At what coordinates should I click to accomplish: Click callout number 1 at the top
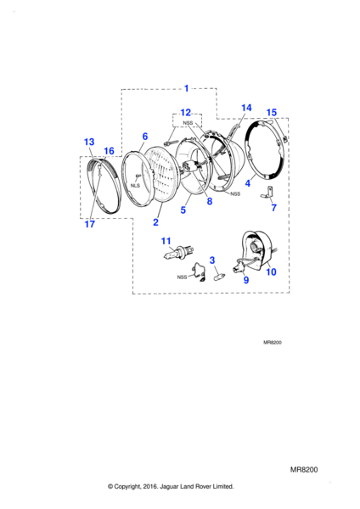pos(187,88)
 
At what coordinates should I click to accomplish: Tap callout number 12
pos(186,113)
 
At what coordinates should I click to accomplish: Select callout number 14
pos(246,108)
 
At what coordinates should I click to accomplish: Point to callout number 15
pos(272,113)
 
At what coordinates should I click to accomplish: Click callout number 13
pos(89,142)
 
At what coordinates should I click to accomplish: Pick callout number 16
pos(109,151)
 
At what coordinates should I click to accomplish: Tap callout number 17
pos(90,224)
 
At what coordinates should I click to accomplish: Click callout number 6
pos(145,137)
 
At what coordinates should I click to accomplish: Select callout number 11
pos(166,241)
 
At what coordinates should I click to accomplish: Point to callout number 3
pos(212,260)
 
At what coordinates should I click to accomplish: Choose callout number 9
pos(246,279)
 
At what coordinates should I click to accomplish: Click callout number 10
pos(272,271)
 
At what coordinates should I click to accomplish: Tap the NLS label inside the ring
pos(135,186)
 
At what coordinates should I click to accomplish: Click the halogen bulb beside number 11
pos(178,253)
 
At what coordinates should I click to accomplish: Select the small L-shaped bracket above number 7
pos(267,192)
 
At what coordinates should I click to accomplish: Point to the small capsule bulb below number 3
pos(218,278)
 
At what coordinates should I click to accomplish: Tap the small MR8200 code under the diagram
pos(273,343)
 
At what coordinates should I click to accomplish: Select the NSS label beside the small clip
pos(182,277)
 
